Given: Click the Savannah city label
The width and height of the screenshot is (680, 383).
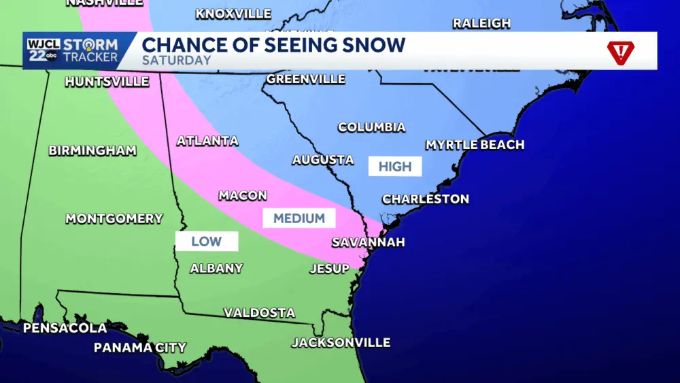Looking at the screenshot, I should (368, 242).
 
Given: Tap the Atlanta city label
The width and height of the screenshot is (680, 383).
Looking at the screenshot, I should (207, 141).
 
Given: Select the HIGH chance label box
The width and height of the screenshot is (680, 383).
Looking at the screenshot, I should (395, 167).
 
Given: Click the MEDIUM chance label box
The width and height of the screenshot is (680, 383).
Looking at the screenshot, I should (299, 218).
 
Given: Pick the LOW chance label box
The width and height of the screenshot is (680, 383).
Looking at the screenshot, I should (206, 242).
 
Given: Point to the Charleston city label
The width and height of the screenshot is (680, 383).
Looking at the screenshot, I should (426, 199).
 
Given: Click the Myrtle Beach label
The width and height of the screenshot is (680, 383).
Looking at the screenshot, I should (475, 145).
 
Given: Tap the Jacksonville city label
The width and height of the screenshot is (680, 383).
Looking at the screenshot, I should (341, 343).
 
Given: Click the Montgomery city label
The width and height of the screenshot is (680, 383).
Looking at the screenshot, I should (114, 219).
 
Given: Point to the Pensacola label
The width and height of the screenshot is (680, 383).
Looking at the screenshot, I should (65, 328).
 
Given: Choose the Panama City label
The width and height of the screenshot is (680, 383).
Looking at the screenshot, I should (140, 348).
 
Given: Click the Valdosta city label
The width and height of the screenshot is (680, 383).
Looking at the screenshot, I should (260, 313).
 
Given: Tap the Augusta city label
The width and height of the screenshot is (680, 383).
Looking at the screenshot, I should (323, 161).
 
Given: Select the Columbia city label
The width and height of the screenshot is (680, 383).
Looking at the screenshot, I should (371, 128).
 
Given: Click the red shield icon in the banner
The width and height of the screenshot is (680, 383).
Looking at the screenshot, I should (620, 52).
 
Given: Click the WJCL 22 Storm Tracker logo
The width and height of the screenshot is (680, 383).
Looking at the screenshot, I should (72, 51).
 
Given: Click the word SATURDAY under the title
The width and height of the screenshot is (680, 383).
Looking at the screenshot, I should (177, 61).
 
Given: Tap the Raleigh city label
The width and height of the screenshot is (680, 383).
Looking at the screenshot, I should (481, 23).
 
